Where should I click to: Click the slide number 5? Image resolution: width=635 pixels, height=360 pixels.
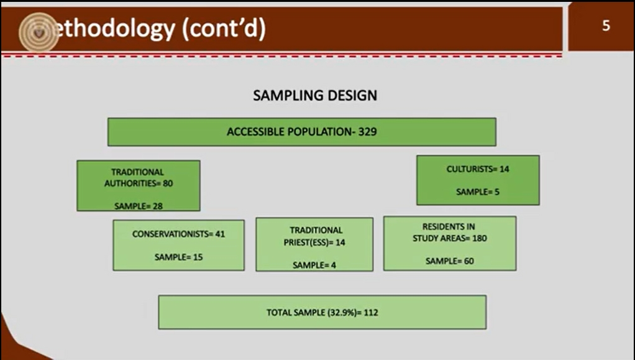click(606, 26)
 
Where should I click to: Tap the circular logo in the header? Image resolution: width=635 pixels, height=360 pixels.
click(39, 32)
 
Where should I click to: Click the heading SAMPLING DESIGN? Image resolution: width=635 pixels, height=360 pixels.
click(315, 95)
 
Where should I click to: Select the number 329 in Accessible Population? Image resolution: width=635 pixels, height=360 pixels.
click(367, 132)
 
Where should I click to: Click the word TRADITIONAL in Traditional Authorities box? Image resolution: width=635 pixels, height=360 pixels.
click(138, 172)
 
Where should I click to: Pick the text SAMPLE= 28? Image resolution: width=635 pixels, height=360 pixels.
click(139, 206)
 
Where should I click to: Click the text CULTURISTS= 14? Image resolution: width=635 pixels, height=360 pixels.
click(478, 169)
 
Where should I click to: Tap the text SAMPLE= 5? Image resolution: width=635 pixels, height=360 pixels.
click(478, 192)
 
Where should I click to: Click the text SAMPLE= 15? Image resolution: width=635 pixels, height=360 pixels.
click(178, 257)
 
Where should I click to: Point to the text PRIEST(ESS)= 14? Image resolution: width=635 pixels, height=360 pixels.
click(314, 242)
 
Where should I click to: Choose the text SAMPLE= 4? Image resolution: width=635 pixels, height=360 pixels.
click(314, 265)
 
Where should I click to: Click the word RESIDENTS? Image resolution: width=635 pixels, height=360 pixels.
click(449, 226)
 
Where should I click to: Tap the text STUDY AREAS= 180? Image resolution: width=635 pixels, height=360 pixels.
click(449, 238)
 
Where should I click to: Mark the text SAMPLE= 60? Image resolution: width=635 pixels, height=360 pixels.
click(449, 261)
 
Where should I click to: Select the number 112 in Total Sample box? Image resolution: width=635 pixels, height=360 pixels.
click(371, 313)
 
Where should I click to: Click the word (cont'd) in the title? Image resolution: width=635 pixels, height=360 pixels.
click(224, 29)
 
